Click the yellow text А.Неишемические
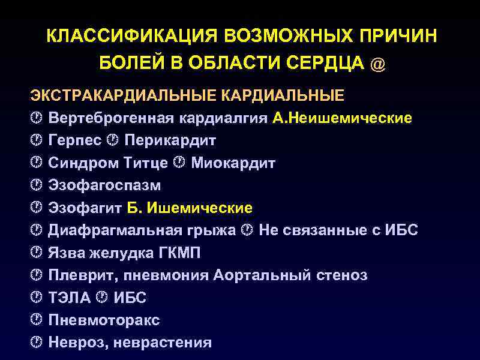(x=342, y=118)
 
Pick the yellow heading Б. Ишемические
(x=190, y=208)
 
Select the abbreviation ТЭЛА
(x=70, y=298)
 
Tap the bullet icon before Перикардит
(x=113, y=140)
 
